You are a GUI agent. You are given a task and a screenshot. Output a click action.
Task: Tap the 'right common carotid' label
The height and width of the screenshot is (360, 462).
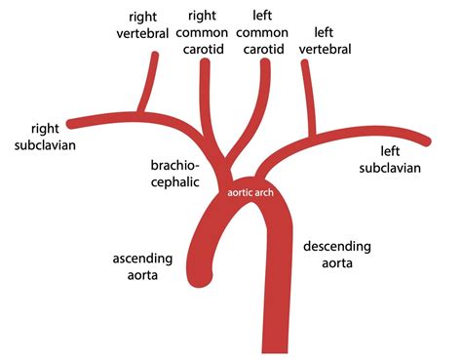tap(204, 29)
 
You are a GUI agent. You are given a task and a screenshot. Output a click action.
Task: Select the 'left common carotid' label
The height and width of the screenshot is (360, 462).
tap(262, 29)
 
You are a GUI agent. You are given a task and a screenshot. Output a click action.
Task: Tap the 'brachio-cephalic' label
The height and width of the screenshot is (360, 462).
tap(175, 172)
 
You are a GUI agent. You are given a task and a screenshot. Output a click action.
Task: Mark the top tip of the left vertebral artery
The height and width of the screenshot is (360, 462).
tap(304, 64)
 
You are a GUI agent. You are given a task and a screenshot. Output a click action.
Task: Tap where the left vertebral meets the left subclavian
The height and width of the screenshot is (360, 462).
tap(314, 133)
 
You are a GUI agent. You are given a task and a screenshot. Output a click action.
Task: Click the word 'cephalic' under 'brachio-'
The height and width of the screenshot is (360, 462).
tap(175, 180)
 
